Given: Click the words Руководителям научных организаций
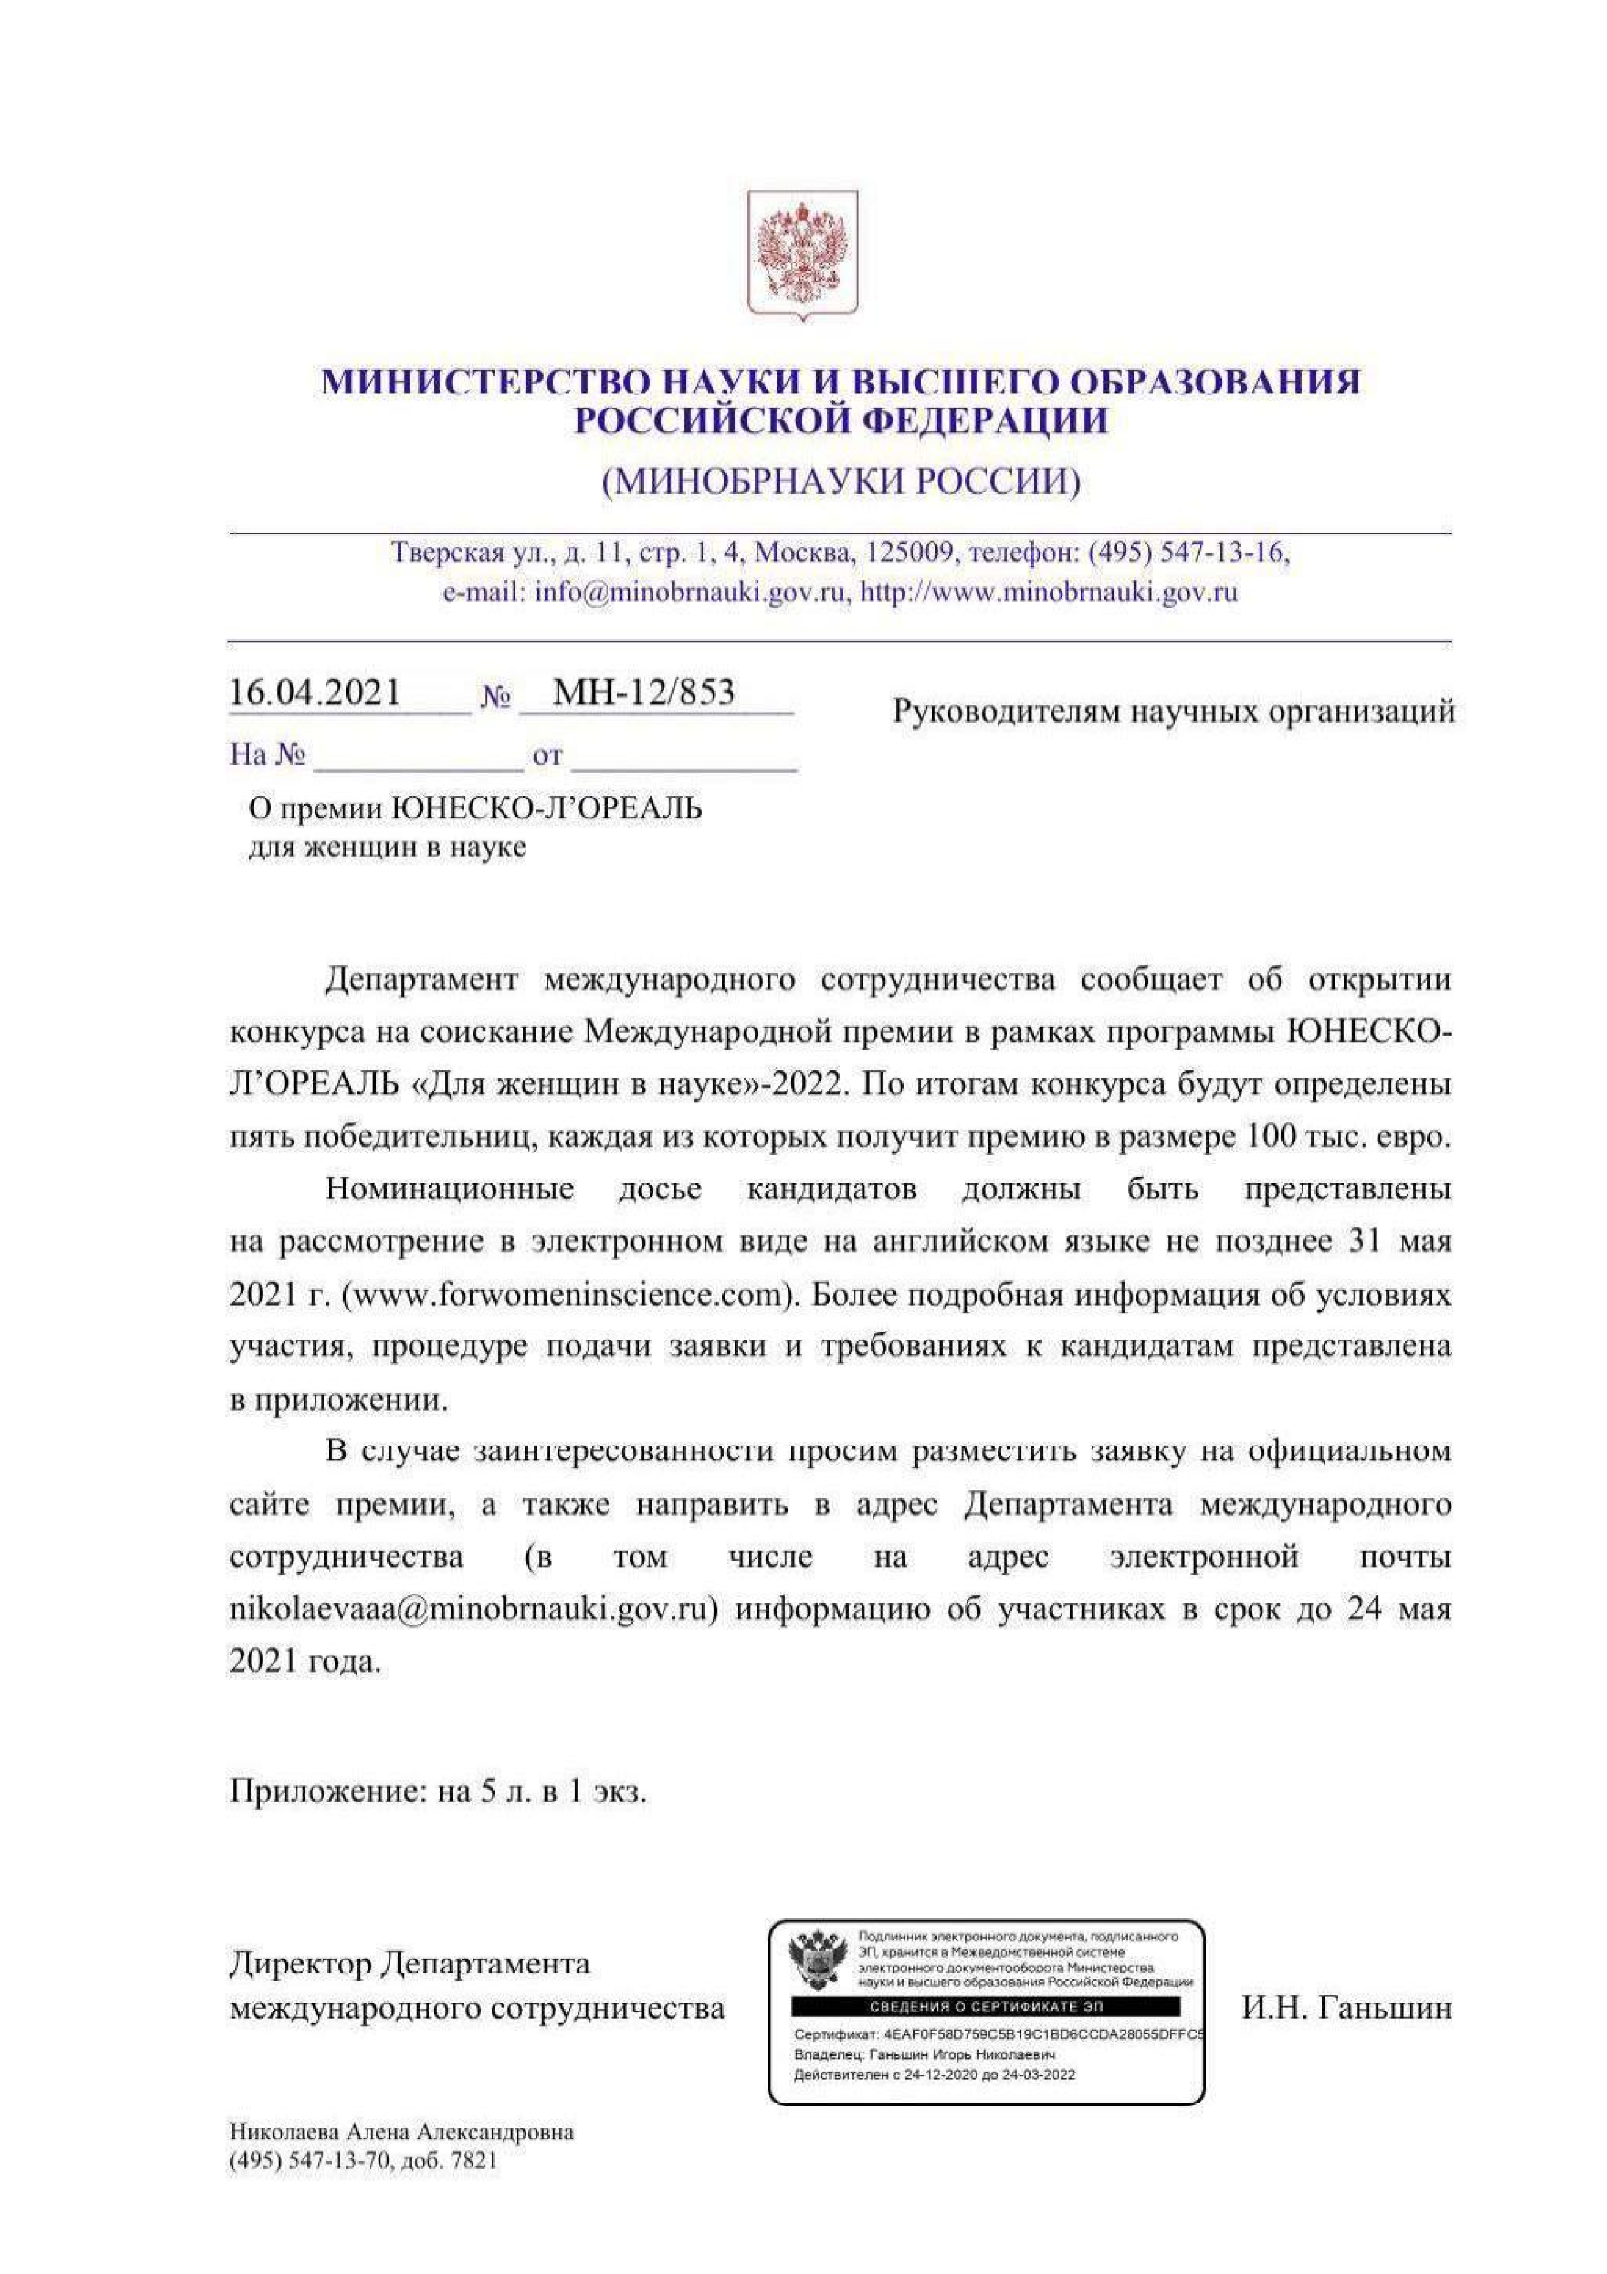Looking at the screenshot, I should tap(1173, 711).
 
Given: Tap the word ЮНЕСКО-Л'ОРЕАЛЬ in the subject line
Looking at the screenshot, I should tap(546, 809).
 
